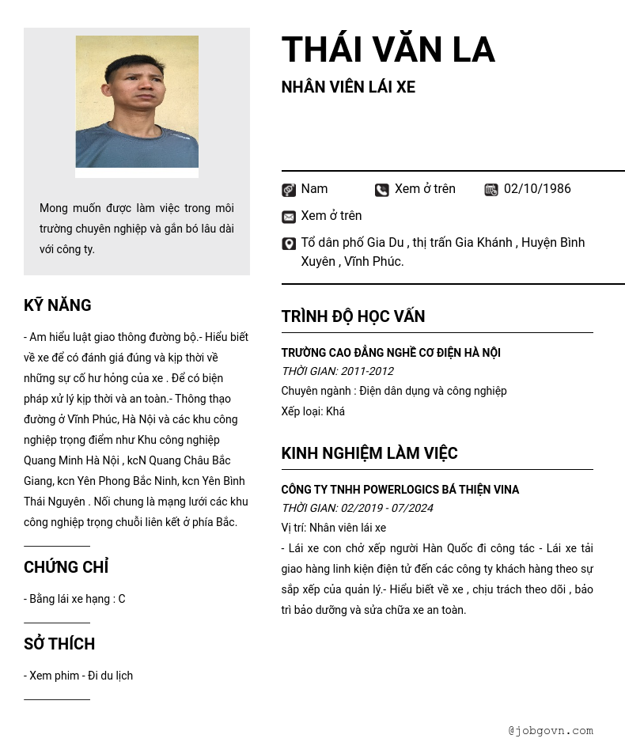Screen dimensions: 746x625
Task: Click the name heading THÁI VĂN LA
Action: click(388, 50)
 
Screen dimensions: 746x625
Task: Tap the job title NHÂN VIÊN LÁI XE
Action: click(348, 87)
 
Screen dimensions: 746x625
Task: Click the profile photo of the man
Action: click(137, 102)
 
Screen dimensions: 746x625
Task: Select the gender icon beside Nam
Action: click(289, 190)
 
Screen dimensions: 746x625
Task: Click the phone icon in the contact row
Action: click(382, 190)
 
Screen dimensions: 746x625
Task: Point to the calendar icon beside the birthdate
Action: click(491, 190)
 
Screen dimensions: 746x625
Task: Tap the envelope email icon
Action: click(289, 217)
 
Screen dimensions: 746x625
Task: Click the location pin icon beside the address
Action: click(289, 244)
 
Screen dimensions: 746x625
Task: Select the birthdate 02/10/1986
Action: click(537, 189)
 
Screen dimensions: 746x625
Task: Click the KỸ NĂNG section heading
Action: click(58, 305)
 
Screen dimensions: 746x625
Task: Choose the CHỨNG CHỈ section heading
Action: click(66, 567)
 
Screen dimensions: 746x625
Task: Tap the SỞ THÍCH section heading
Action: click(59, 644)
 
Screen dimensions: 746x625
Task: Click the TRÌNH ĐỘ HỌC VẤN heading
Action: click(353, 316)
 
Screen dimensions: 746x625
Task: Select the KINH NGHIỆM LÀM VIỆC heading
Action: click(369, 453)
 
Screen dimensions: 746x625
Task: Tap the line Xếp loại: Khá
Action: click(313, 411)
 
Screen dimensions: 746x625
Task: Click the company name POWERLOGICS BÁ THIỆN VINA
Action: click(400, 490)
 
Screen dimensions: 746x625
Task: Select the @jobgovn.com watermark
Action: click(551, 730)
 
